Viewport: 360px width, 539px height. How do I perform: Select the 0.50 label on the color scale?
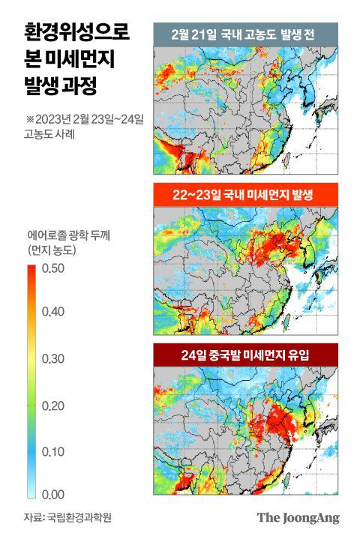point(54,268)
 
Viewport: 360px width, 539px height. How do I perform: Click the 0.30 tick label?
point(54,358)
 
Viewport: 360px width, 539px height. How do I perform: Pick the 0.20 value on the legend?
point(54,406)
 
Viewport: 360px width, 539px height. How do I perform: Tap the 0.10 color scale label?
point(54,452)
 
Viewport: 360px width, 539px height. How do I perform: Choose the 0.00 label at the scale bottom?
point(54,495)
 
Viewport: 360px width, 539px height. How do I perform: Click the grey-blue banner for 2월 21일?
point(245,34)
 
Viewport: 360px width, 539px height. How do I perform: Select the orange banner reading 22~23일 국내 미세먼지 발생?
point(245,195)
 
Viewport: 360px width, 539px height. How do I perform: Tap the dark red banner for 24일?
point(245,355)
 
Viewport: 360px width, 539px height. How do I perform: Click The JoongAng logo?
point(298,517)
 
